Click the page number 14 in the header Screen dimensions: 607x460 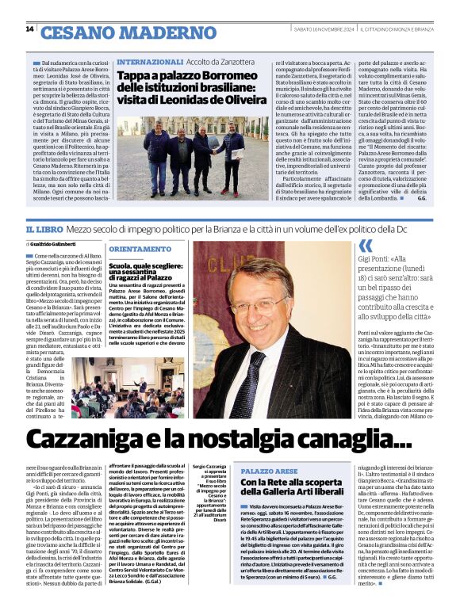click(x=29, y=29)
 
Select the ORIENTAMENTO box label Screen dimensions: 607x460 click(x=145, y=249)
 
